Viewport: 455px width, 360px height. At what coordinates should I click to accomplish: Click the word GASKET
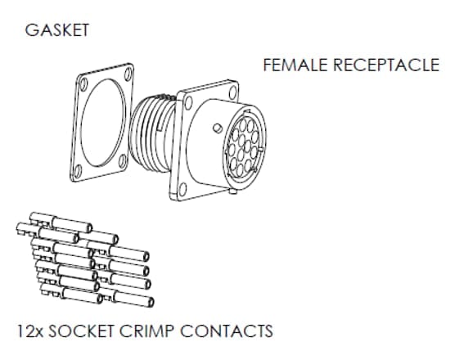click(57, 31)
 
